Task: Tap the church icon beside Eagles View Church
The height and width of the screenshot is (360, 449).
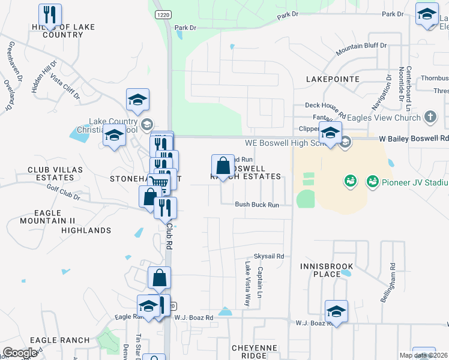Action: point(430,116)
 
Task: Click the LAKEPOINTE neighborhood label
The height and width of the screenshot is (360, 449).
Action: point(333,79)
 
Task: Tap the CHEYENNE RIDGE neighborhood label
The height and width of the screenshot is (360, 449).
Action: point(255,352)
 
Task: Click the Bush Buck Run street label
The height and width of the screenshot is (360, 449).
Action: point(257,205)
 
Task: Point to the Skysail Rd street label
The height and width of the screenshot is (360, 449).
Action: point(268,256)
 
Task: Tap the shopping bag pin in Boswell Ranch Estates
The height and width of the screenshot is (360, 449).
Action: point(223,166)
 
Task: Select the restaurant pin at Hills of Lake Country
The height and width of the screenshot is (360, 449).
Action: point(50,14)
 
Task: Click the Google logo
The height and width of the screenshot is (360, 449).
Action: point(20,353)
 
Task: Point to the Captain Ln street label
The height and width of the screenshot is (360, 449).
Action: point(260,284)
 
